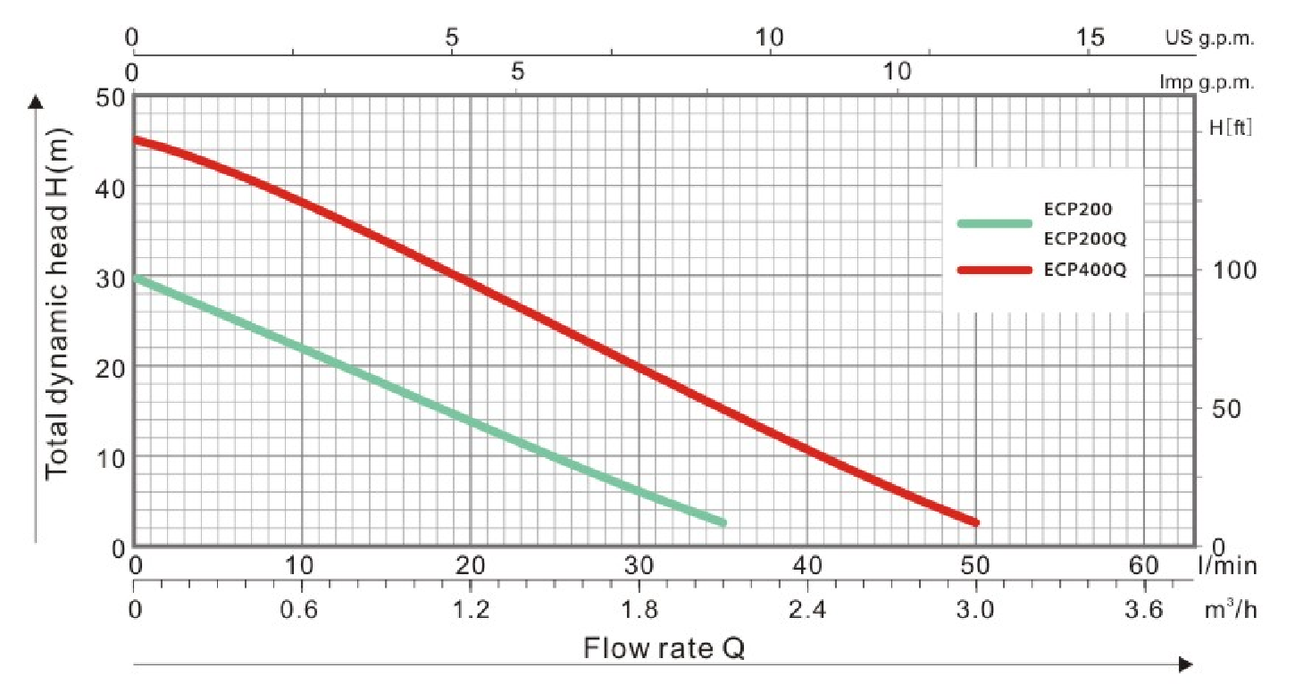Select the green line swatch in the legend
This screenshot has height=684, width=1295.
tap(994, 223)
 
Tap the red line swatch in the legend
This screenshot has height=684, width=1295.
tap(994, 270)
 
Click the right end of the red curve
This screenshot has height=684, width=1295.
tap(975, 522)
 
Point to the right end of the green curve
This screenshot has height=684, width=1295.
tap(723, 522)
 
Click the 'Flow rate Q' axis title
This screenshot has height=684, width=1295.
tap(664, 647)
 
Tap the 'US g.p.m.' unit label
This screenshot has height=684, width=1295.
tap(1209, 39)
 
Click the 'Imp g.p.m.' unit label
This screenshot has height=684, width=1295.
tap(1207, 82)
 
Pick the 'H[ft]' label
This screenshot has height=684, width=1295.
tap(1231, 128)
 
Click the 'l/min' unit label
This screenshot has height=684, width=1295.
tap(1228, 565)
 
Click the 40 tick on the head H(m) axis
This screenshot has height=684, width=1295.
tap(109, 187)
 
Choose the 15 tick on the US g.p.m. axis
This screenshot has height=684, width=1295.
tap(1090, 38)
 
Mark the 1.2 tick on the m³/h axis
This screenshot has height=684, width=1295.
tap(471, 613)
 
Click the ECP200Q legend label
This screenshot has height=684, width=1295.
tap(1084, 238)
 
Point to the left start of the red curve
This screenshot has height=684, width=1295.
tap(136, 139)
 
